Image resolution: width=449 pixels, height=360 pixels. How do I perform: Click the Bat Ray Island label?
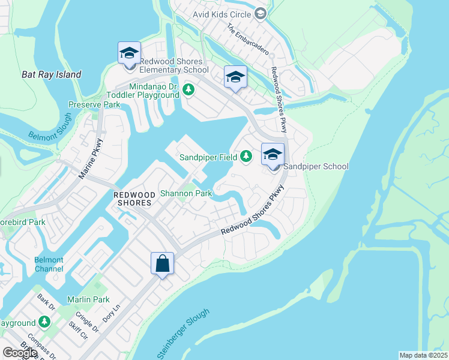[51, 75]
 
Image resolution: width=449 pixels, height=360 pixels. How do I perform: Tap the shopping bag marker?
[162, 264]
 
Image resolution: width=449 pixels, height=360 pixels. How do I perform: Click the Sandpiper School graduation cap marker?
[273, 155]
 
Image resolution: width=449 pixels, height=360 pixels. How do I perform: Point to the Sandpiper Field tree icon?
[246, 157]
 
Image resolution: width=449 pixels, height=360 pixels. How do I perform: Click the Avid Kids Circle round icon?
[260, 13]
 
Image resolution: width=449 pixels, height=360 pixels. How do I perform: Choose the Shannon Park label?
[185, 194]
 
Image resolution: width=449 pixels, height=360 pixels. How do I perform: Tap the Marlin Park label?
[88, 299]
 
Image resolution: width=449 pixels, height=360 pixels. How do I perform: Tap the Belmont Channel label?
[49, 264]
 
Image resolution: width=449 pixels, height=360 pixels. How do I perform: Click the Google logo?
[20, 353]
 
